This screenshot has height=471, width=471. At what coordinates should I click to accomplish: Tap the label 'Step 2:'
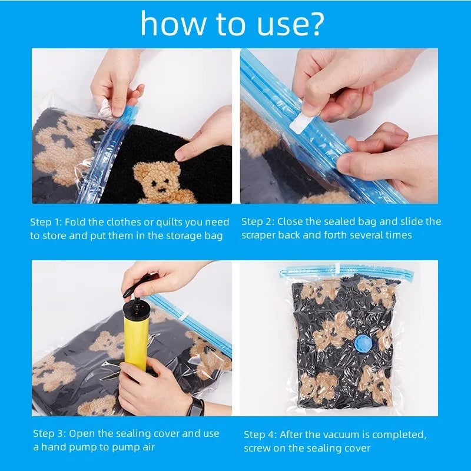[258, 221]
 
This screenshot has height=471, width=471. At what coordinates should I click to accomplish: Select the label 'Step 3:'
[49, 433]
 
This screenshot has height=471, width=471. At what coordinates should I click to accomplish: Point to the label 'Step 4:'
[260, 434]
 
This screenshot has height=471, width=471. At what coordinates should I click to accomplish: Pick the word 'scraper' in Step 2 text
[260, 235]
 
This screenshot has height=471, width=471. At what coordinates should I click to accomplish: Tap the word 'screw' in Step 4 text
[258, 448]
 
